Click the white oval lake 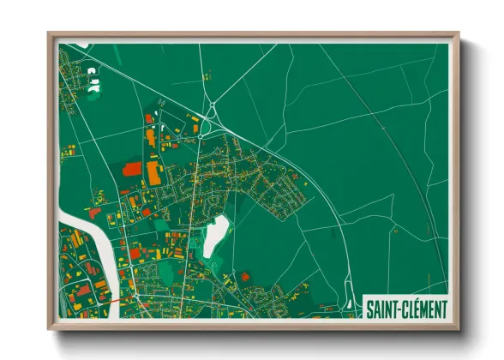[215, 234]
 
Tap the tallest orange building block [153, 172]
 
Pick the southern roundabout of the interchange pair [200, 135]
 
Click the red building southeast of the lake [244, 276]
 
